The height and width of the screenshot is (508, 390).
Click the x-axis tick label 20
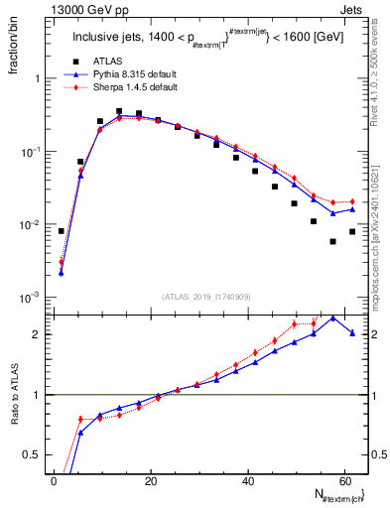150,482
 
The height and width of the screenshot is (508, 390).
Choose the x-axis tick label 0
54,482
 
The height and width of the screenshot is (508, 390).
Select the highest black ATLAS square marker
119,112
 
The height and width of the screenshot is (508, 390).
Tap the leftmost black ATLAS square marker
62,231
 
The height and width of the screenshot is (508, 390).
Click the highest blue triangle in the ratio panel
332,317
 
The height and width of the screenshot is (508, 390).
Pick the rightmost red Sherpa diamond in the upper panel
351,201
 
